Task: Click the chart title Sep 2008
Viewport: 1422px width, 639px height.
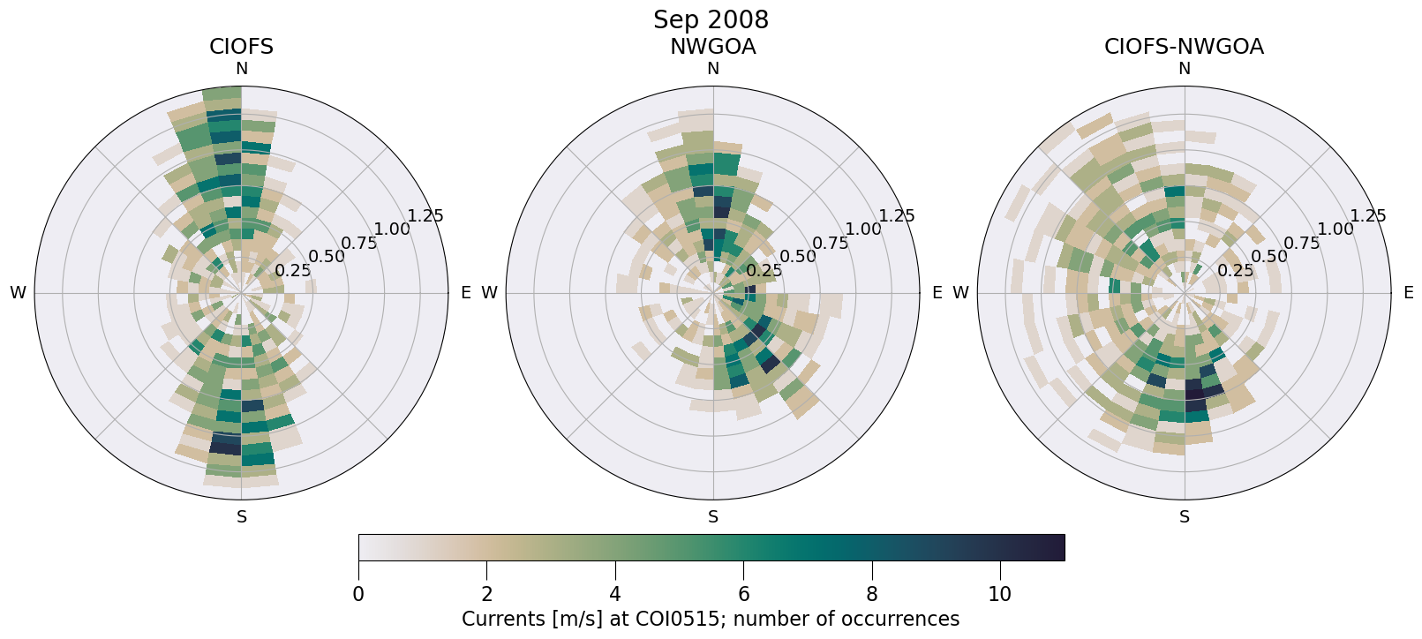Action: point(711,19)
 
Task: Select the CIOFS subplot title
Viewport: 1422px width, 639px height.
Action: point(241,47)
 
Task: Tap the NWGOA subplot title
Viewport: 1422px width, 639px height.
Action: point(712,47)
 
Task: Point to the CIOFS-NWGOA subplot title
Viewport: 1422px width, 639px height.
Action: point(1184,47)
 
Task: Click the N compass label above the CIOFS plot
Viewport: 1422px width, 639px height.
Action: point(241,69)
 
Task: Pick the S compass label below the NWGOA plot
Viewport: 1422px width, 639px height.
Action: point(713,517)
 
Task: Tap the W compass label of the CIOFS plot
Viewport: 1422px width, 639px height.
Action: point(18,293)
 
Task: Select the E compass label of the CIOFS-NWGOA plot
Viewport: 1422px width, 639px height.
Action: point(1408,293)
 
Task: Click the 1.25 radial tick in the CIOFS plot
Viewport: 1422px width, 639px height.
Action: point(425,215)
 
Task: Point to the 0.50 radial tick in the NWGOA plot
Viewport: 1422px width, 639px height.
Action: point(798,257)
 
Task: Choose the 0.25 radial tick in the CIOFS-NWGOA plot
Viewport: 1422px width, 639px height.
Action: point(1235,271)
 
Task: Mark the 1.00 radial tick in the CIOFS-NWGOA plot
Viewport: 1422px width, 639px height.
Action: point(1335,229)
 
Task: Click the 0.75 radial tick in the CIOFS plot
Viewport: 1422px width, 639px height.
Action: point(359,243)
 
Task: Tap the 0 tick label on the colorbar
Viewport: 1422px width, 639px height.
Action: point(358,595)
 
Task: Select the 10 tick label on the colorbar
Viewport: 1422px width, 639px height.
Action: point(999,595)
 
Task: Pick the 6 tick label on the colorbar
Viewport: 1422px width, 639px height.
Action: point(743,595)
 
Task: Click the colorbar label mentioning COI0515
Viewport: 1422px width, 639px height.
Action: point(711,620)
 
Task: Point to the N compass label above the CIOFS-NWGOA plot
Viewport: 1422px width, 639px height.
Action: point(1185,69)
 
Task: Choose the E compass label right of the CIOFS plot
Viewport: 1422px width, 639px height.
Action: point(465,293)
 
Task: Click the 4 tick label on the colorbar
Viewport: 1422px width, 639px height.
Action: point(615,595)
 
